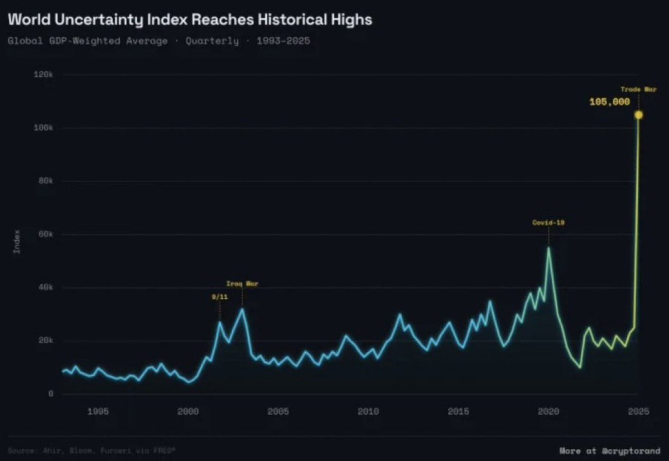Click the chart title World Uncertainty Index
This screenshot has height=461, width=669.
click(190, 21)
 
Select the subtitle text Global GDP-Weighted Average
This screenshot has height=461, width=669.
click(88, 41)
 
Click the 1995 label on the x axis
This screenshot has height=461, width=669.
click(98, 412)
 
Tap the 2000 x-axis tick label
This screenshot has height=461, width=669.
click(188, 412)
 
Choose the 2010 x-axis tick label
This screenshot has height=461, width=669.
click(368, 412)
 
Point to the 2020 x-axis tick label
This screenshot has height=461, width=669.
click(548, 412)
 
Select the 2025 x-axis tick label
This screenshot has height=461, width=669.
click(638, 412)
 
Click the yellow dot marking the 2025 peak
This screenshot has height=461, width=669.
click(638, 115)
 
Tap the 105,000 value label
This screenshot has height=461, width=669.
click(610, 102)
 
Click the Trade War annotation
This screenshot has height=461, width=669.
click(638, 89)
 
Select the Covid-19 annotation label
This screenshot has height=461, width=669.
click(548, 222)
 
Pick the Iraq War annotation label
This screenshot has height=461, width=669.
click(242, 284)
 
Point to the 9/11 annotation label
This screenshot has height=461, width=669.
click(219, 297)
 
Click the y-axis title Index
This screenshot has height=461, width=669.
click(17, 241)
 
